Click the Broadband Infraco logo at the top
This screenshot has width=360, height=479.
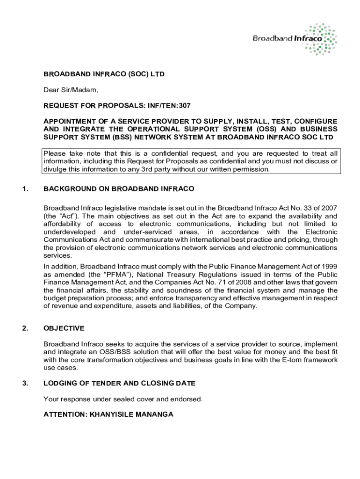pyautogui.click(x=295, y=38)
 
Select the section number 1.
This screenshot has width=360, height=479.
pyautogui.click(x=25, y=189)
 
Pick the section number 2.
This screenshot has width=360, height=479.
pyautogui.click(x=25, y=328)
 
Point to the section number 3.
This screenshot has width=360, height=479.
pyautogui.click(x=25, y=384)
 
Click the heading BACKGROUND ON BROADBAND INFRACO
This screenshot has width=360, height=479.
pyautogui.click(x=119, y=189)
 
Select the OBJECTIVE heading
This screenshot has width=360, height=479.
pyautogui.click(x=64, y=328)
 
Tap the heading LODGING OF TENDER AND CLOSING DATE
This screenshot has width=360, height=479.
pyautogui.click(x=120, y=384)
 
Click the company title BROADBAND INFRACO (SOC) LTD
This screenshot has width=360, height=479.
pyautogui.click(x=104, y=74)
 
